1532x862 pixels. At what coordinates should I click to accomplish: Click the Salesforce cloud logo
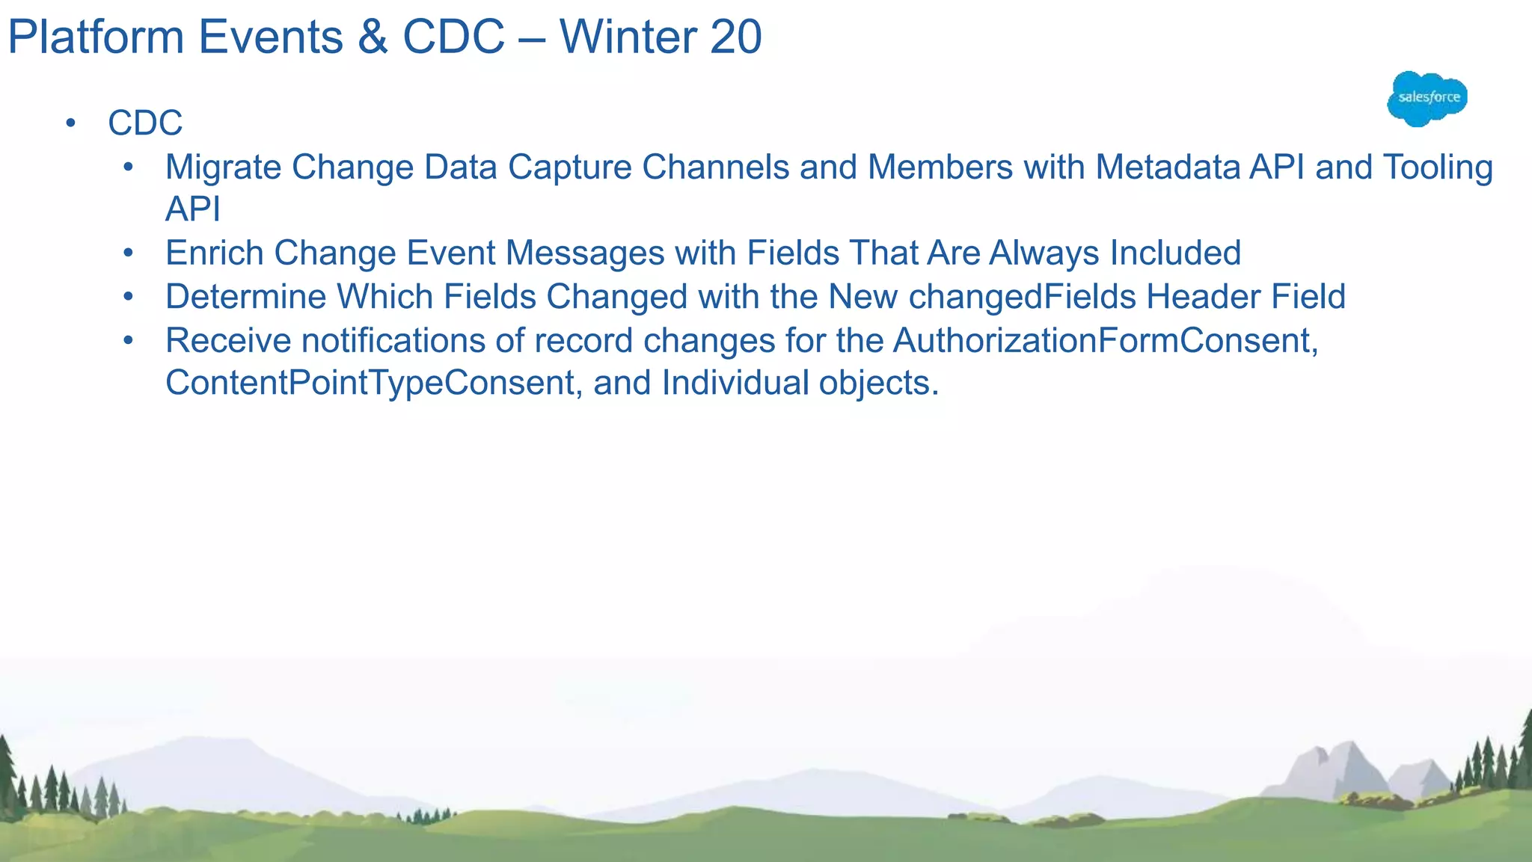click(1427, 99)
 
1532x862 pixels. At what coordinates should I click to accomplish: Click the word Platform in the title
click(96, 37)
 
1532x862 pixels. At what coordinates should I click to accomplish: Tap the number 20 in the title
click(735, 37)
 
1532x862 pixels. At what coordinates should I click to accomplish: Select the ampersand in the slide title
click(373, 37)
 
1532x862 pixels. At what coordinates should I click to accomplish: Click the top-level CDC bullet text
click(145, 123)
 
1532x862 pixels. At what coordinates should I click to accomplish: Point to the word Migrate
click(223, 168)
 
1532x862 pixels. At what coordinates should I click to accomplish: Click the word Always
click(1044, 253)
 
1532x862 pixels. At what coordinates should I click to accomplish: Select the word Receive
click(228, 341)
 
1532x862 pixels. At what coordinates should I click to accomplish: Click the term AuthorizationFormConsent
click(1105, 341)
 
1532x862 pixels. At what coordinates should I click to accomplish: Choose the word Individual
click(735, 383)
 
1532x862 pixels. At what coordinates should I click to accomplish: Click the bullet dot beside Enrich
click(129, 253)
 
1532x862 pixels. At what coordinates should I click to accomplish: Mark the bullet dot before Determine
click(129, 297)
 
